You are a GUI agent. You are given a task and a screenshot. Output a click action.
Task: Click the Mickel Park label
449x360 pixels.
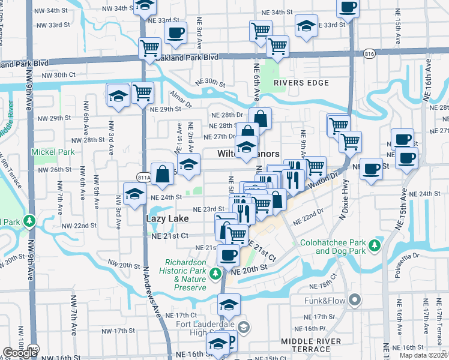pyautogui.click(x=53, y=152)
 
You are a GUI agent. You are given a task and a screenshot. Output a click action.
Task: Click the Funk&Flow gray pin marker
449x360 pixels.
pyautogui.click(x=355, y=299)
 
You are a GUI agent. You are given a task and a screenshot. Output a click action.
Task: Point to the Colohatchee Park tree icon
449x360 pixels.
pyautogui.click(x=375, y=245)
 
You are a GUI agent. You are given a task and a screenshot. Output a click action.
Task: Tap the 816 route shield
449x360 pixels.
pyautogui.click(x=370, y=54)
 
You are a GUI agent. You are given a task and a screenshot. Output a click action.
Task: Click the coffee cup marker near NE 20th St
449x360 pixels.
pyautogui.click(x=228, y=255)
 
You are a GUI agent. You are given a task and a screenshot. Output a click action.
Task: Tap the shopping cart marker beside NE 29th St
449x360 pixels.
pyautogui.click(x=143, y=92)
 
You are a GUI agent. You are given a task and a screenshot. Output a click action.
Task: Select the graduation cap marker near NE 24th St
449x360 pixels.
pyautogui.click(x=134, y=193)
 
